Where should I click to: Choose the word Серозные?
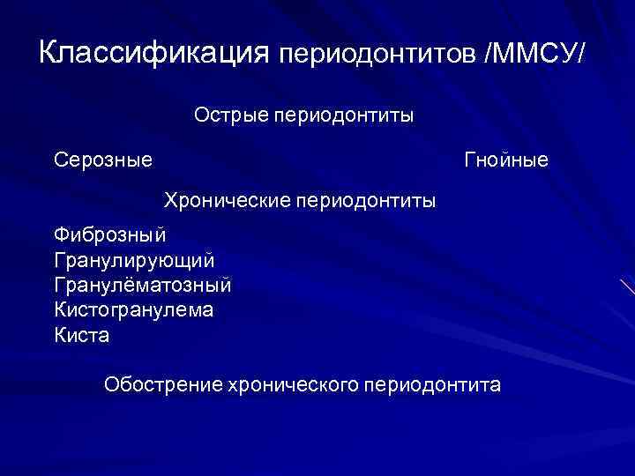coord(102,160)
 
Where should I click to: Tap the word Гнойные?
coord(506,160)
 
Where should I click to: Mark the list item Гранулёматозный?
coord(143,286)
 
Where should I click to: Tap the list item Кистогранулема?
coord(133,311)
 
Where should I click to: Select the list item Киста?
coord(82,337)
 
